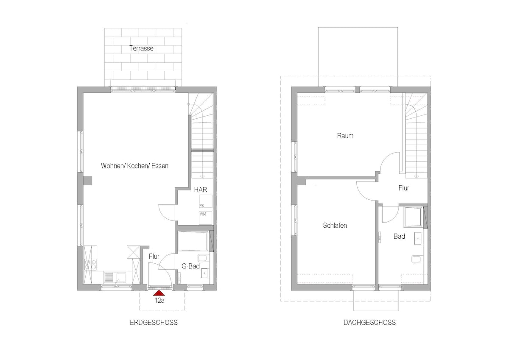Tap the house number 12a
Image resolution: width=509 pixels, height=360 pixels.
pyautogui.click(x=159, y=301)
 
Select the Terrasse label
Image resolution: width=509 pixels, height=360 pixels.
pyautogui.click(x=141, y=48)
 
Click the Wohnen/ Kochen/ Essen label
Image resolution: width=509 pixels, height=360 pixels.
pyautogui.click(x=135, y=166)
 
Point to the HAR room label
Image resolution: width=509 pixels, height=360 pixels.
pyautogui.click(x=200, y=190)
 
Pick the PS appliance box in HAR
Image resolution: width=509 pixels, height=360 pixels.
pyautogui.click(x=206, y=201)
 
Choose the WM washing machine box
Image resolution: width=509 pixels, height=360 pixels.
pyautogui.click(x=206, y=218)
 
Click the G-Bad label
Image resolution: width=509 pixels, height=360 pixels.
pyautogui.click(x=190, y=266)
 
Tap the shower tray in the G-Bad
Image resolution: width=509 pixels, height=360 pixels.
pyautogui.click(x=193, y=241)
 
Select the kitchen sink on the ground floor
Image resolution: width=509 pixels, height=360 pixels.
pyautogui.click(x=115, y=277)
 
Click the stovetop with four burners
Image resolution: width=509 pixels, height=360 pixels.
pyautogui.click(x=90, y=264)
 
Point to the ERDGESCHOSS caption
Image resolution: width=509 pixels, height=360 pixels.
pyautogui.click(x=154, y=323)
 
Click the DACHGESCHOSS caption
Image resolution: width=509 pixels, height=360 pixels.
pyautogui.click(x=370, y=323)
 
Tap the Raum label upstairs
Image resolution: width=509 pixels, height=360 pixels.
pyautogui.click(x=345, y=136)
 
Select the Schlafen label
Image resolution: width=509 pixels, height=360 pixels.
pyautogui.click(x=335, y=225)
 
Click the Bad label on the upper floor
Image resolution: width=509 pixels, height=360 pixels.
pyautogui.click(x=399, y=237)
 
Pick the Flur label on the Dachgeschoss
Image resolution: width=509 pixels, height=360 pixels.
pyautogui.click(x=403, y=188)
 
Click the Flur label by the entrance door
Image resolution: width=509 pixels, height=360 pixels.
pyautogui.click(x=154, y=257)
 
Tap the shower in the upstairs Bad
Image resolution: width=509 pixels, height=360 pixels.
pyautogui.click(x=413, y=217)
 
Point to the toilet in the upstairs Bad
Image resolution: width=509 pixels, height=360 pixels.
pyautogui.click(x=418, y=259)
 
